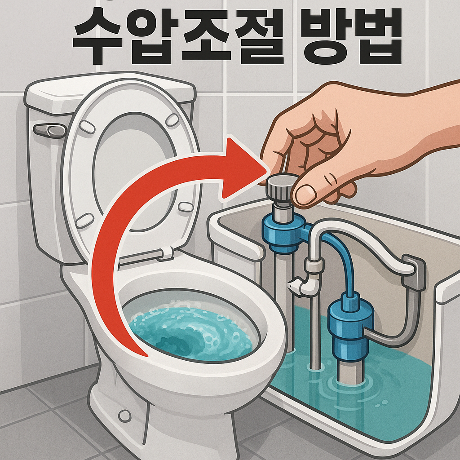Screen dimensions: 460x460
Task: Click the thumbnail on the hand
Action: [305, 194]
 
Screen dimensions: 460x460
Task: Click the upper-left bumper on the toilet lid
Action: [87, 127]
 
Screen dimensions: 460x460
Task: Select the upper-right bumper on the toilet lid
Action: [172, 119]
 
